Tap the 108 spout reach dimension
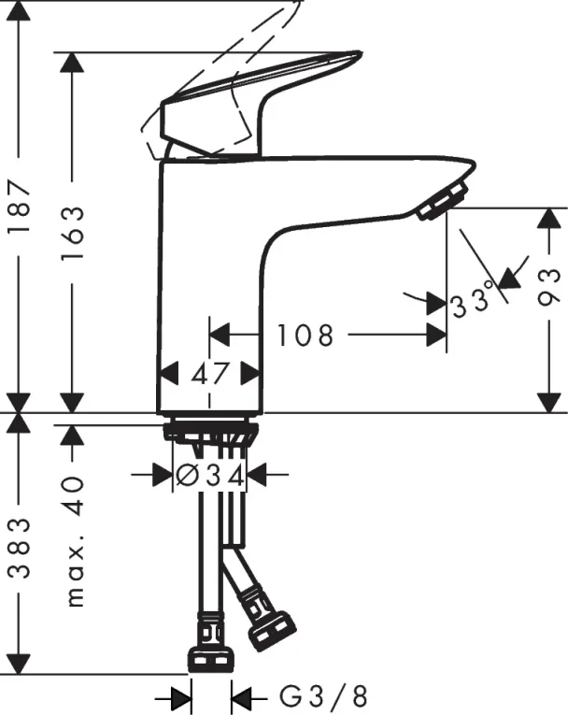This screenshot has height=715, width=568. [305, 335]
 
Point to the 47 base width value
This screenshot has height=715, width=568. [210, 374]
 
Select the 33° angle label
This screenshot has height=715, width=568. [472, 302]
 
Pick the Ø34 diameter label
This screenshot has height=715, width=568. [210, 476]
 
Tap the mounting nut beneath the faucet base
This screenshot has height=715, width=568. [210, 433]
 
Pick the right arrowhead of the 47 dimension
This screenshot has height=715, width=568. [249, 374]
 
